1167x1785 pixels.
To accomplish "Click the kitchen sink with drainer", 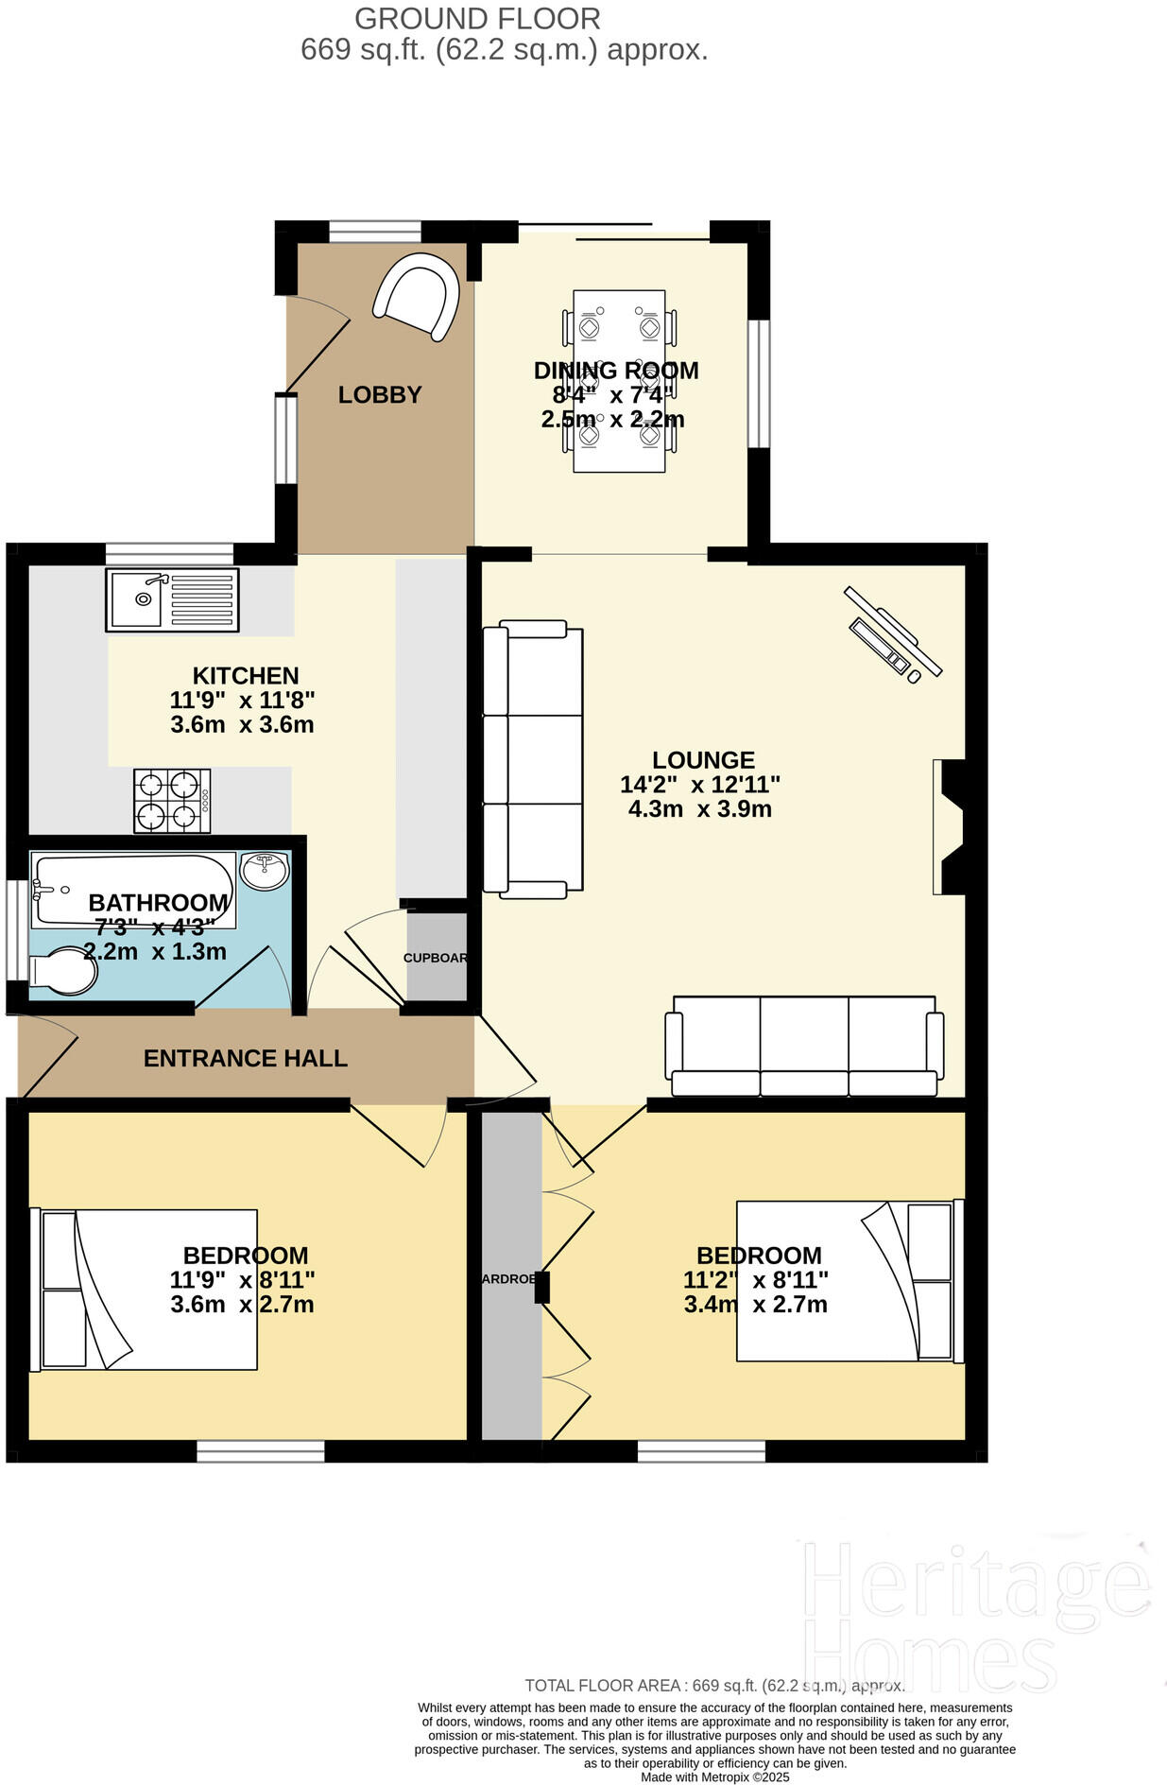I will [172, 599].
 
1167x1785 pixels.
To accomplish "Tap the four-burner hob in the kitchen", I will [172, 800].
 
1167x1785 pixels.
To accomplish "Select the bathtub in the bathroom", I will [133, 890].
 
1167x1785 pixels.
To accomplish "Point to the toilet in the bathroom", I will [63, 972].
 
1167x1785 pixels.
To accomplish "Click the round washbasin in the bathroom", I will [266, 870].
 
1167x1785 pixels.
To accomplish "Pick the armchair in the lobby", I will [417, 296].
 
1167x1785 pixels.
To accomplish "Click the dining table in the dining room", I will [619, 381].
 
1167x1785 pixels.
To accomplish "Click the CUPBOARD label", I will [436, 958].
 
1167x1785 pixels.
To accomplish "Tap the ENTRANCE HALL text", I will [246, 1058].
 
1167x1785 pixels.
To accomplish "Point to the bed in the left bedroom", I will [144, 1289].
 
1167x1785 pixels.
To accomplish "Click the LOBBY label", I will [380, 394].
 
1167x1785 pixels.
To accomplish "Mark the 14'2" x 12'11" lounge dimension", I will [700, 784].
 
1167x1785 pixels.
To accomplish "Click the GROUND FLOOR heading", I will [477, 18].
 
